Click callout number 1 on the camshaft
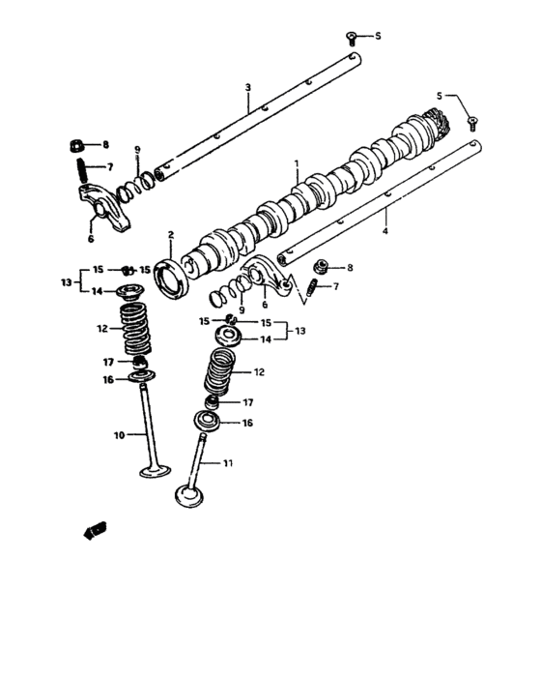(298, 164)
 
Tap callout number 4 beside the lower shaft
(386, 232)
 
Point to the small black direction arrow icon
(96, 529)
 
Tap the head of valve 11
(187, 495)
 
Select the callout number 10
(120, 435)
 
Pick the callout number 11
(228, 463)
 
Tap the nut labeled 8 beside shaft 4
(325, 267)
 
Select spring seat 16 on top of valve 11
(208, 422)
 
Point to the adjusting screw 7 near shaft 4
(313, 287)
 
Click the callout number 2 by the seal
(171, 234)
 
